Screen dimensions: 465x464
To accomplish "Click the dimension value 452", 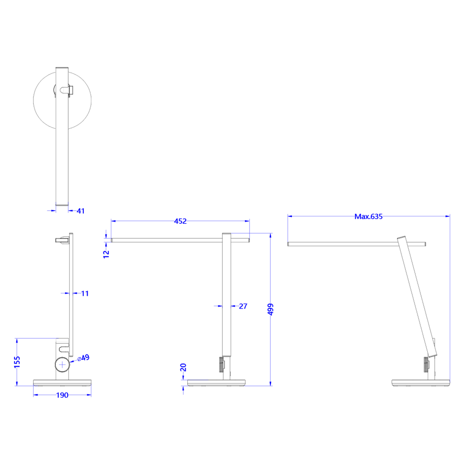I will (180, 221).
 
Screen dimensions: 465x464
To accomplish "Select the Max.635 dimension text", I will (368, 216).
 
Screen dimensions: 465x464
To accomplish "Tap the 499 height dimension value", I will (271, 309).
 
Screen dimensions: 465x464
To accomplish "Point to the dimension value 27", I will (243, 306).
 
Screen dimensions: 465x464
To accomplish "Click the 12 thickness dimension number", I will (106, 254).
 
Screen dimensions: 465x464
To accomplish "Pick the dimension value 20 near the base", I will (183, 367).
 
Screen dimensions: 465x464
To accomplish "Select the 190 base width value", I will (62, 395).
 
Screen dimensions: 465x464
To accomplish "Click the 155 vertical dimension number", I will (17, 362).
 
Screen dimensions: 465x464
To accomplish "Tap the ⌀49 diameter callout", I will (84, 358).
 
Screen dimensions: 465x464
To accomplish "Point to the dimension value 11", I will (85, 293).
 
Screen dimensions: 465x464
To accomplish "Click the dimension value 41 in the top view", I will (80, 211).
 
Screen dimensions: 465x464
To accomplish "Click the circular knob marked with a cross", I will (62, 365).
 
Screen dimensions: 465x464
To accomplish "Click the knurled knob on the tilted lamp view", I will (426, 365).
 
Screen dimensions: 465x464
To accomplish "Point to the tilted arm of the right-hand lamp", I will (417, 296).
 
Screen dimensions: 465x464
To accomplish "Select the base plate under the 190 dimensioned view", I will (62, 383).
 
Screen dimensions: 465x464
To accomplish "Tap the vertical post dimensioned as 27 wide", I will (227, 294).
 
